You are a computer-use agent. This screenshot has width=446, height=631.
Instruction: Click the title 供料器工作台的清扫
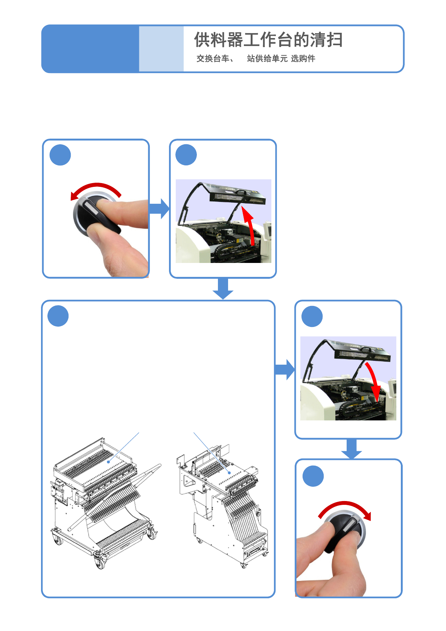(268, 40)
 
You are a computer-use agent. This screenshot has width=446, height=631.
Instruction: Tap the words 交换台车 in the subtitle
(213, 58)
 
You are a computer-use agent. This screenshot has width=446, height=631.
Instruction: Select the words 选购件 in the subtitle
(303, 58)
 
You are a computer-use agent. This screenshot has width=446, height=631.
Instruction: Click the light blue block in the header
(161, 49)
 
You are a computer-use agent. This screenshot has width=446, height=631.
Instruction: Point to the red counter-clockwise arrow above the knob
(96, 188)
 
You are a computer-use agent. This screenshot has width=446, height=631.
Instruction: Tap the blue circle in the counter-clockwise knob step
(60, 155)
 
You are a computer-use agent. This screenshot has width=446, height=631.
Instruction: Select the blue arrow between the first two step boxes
(159, 208)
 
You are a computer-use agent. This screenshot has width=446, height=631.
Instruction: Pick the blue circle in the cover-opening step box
(186, 155)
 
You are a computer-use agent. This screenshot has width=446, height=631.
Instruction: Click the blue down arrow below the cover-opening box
(223, 289)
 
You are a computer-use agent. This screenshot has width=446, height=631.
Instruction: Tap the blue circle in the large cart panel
(58, 316)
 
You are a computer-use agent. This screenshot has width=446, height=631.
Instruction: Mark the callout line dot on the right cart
(229, 472)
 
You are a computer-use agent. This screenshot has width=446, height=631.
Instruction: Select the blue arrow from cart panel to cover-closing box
(285, 369)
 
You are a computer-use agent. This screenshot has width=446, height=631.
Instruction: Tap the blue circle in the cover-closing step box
(312, 316)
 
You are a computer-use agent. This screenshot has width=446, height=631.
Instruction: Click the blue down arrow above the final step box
(352, 449)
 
